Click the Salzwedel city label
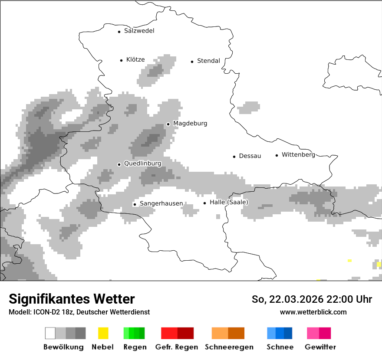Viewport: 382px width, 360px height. pyautogui.click(x=139, y=31)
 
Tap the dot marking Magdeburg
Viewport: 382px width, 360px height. pyautogui.click(x=168, y=124)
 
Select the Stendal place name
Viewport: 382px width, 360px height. pyautogui.click(x=208, y=61)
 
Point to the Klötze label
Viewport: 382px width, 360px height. pyautogui.click(x=135, y=60)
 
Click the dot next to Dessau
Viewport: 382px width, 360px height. pyautogui.click(x=234, y=157)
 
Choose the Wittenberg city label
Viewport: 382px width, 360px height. pyautogui.click(x=298, y=155)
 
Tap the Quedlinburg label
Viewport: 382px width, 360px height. pyautogui.click(x=142, y=164)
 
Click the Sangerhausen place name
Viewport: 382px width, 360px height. pyautogui.click(x=161, y=203)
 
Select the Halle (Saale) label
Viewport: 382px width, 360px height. pyautogui.click(x=229, y=203)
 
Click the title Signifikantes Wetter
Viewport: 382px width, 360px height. pyautogui.click(x=72, y=299)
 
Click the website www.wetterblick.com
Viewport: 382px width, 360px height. pyautogui.click(x=313, y=312)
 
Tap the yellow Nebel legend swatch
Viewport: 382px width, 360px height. pyautogui.click(x=103, y=333)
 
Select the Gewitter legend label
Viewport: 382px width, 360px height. pyautogui.click(x=320, y=347)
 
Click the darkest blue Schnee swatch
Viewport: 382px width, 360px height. pyautogui.click(x=288, y=333)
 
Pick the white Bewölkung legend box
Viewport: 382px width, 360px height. pyautogui.click(x=50, y=333)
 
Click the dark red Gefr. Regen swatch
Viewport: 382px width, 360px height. pyautogui.click(x=185, y=333)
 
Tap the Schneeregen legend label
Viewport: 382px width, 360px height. pyautogui.click(x=229, y=347)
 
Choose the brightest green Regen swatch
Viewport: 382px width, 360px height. pyautogui.click(x=126, y=333)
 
